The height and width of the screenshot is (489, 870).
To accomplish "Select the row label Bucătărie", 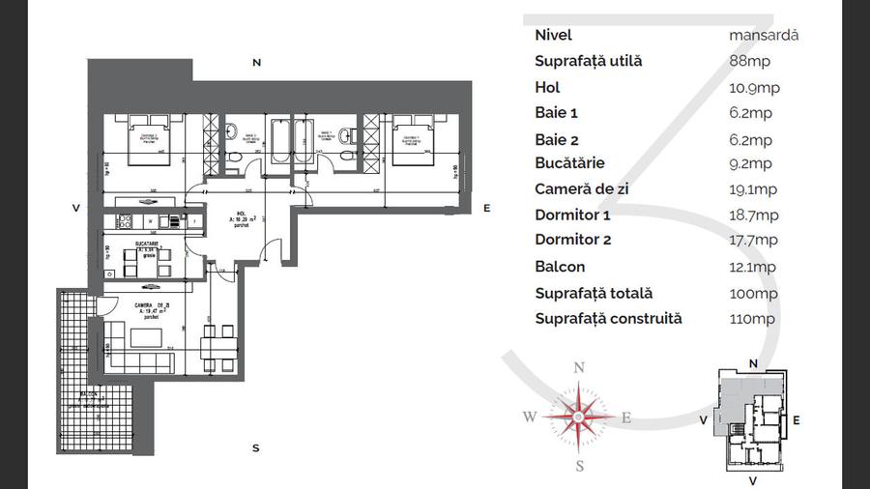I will [x=570, y=163].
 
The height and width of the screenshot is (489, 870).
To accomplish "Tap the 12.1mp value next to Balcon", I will [x=753, y=267].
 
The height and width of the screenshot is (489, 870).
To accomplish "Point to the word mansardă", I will [x=764, y=35].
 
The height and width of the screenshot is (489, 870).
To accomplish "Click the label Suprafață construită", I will [x=609, y=318].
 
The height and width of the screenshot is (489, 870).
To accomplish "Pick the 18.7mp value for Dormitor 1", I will [x=753, y=216].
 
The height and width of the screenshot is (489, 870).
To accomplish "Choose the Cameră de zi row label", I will [x=582, y=189].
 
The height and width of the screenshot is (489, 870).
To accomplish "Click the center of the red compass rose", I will [x=578, y=417].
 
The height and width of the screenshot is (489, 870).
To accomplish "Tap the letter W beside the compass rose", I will [x=530, y=417].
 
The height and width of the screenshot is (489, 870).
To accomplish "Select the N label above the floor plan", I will [x=256, y=63].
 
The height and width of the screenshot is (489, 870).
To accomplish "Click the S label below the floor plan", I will [x=255, y=447].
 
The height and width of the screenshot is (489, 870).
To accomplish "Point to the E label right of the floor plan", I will [x=487, y=208].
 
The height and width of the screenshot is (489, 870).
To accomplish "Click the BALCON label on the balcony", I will [x=88, y=395].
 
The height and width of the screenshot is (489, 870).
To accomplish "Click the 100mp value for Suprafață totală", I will [x=754, y=293].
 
